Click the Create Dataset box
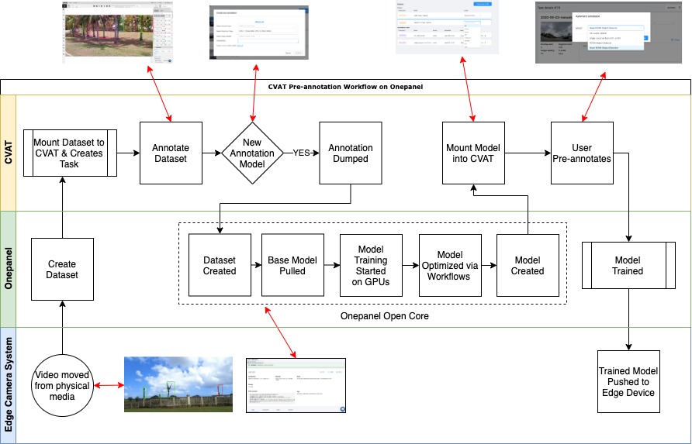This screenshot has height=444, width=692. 62,269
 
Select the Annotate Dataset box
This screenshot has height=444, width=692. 170,153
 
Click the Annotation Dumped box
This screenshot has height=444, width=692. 350,153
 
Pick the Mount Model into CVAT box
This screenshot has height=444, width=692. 473,153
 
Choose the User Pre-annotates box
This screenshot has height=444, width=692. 581,153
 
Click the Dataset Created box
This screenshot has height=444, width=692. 220,265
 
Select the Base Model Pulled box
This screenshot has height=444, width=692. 292,265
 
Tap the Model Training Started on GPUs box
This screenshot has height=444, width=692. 370,265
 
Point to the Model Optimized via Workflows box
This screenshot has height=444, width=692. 450,265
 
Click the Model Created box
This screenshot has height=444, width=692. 528,265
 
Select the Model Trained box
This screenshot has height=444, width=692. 628,266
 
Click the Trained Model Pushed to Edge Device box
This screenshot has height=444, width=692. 628,381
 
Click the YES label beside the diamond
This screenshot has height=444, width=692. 303,153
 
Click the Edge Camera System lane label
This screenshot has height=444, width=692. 9,384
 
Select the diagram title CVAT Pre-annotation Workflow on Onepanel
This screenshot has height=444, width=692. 345,87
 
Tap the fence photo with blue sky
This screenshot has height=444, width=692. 178,384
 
